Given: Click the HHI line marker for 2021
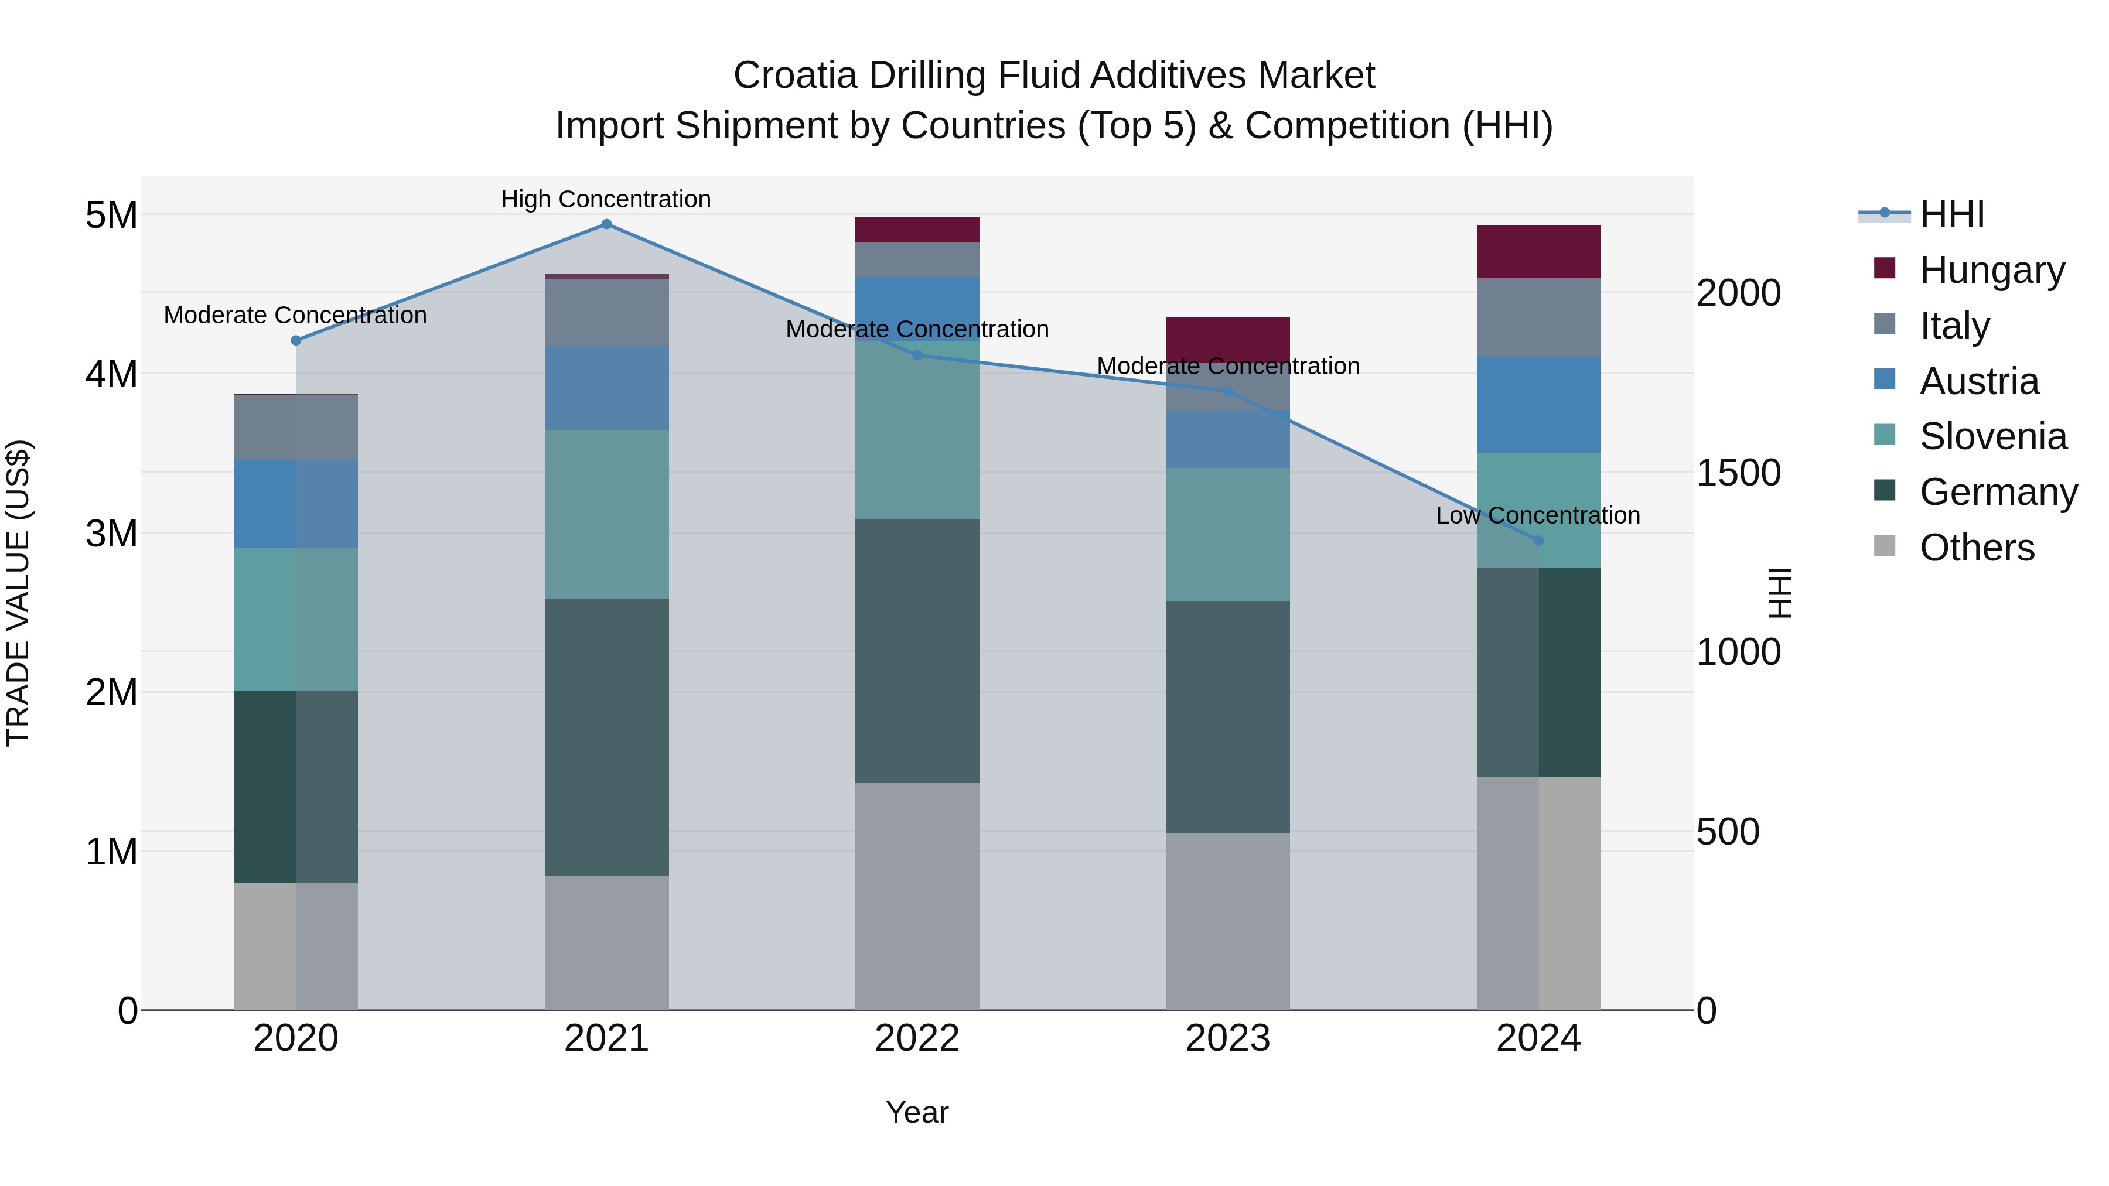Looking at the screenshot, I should (606, 224).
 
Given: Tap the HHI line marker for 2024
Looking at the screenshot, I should (1538, 540).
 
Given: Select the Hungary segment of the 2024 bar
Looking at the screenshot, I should (1538, 251).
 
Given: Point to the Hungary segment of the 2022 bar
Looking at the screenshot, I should (917, 230).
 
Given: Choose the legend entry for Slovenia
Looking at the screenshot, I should (1992, 436).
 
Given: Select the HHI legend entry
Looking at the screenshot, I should (1951, 214).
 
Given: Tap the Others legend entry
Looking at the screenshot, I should (1977, 548).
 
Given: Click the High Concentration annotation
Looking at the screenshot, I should (606, 199).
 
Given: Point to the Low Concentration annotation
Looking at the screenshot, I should (1538, 515).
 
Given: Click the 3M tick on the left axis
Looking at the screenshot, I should (111, 534).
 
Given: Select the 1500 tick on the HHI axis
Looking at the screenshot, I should (1738, 473).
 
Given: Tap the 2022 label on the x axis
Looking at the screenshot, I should (917, 1038).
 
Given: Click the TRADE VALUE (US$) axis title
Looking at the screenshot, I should (18, 593).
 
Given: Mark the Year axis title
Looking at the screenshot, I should (917, 1112).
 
